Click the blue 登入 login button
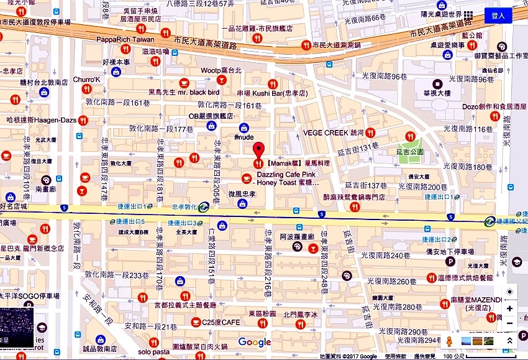(498, 16)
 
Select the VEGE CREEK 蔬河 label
(333, 132)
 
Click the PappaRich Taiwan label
(125, 39)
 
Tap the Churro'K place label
(86, 80)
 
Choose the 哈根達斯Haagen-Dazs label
(41, 119)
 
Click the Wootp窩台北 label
(221, 70)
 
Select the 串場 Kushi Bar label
(268, 93)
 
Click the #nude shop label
(244, 137)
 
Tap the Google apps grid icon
(468, 15)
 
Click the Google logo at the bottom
(254, 342)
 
